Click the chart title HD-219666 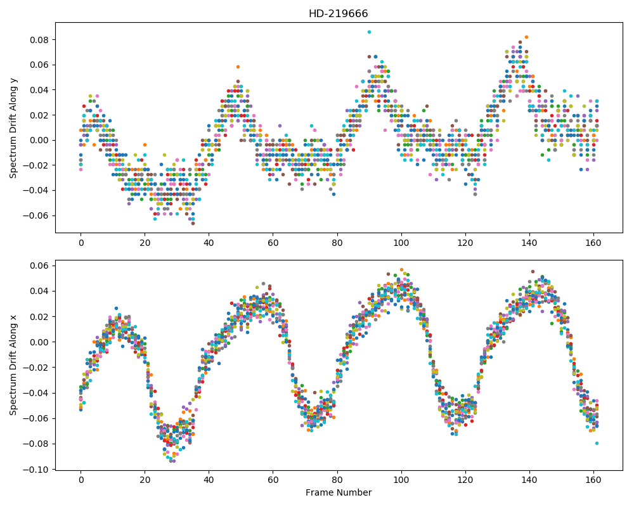(338, 14)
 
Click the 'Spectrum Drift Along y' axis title (13, 127)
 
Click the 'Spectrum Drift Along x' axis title (13, 364)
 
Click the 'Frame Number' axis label (339, 492)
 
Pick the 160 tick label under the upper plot (593, 243)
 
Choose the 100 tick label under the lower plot (401, 480)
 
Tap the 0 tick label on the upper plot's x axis (81, 243)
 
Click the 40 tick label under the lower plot (209, 480)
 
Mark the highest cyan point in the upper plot (369, 32)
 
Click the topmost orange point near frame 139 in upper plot (526, 37)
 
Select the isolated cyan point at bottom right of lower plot (597, 444)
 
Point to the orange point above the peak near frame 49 (238, 67)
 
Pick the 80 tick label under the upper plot (337, 243)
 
